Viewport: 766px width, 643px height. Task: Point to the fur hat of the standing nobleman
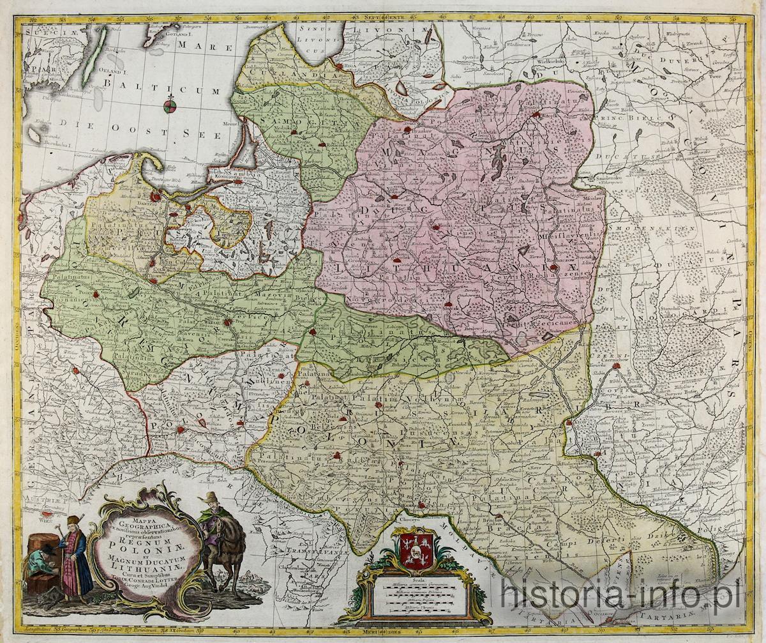coord(72,520)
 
